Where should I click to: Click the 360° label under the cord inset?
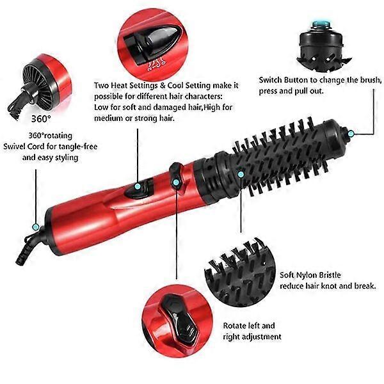click(x=41, y=118)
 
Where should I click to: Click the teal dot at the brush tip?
click(x=351, y=134)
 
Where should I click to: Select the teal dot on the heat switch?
click(x=138, y=186)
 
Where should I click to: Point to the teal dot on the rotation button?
click(x=175, y=182)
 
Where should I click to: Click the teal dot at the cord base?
click(x=36, y=227)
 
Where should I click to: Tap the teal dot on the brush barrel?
click(x=241, y=174)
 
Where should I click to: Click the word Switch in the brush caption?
click(x=270, y=80)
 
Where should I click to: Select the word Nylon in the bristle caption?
click(x=305, y=275)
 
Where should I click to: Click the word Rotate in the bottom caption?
click(x=235, y=326)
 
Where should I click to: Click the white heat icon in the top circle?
click(x=156, y=64)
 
